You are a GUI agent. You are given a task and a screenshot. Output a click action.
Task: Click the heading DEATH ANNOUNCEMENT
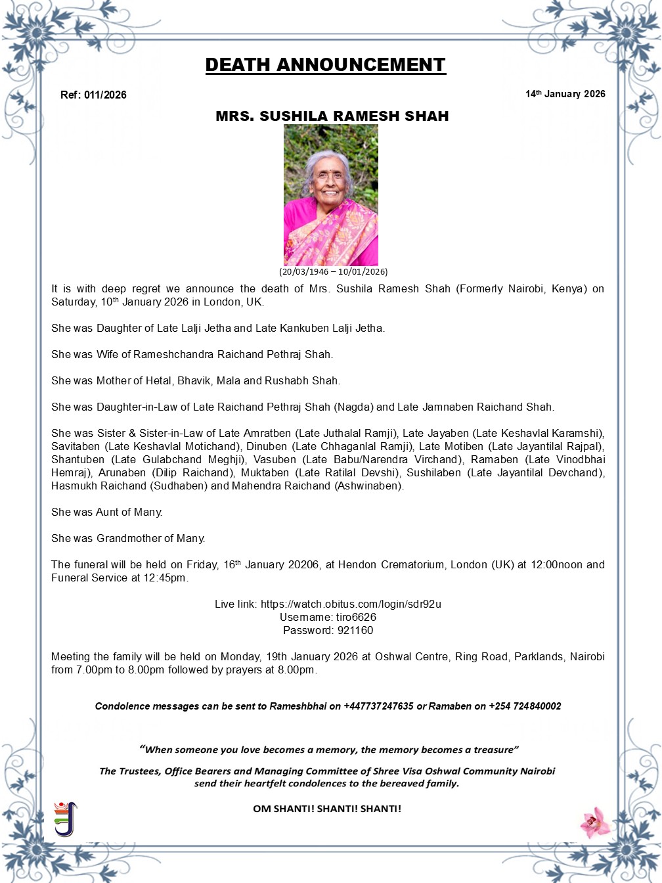pyautogui.click(x=325, y=65)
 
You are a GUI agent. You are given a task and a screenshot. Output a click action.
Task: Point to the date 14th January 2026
pyautogui.click(x=565, y=94)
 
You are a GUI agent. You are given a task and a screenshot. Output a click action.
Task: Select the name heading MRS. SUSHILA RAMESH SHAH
pyautogui.click(x=332, y=116)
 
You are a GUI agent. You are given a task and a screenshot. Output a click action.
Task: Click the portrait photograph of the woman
pyautogui.click(x=331, y=195)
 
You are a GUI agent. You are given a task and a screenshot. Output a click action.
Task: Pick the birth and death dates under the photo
pyautogui.click(x=333, y=271)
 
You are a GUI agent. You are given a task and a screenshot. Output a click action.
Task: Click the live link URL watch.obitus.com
pyautogui.click(x=351, y=604)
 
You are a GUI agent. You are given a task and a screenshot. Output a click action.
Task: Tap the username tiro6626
pyautogui.click(x=355, y=617)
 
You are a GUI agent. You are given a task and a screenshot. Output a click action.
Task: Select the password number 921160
pyautogui.click(x=355, y=630)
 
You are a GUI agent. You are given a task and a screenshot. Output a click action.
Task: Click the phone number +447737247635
pyautogui.click(x=378, y=706)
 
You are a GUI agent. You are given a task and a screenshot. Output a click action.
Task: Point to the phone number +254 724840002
pyautogui.click(x=525, y=706)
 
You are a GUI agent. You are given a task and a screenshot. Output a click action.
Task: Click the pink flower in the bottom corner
pyautogui.click(x=595, y=823)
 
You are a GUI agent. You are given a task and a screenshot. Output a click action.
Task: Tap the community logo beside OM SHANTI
pyautogui.click(x=65, y=819)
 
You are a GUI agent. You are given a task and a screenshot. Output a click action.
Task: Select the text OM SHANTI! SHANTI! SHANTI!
pyautogui.click(x=327, y=809)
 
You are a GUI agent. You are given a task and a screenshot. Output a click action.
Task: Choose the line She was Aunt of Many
pyautogui.click(x=107, y=512)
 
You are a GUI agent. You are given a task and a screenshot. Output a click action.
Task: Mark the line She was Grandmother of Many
pyautogui.click(x=128, y=538)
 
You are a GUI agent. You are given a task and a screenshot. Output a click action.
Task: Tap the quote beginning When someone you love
pyautogui.click(x=329, y=750)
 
